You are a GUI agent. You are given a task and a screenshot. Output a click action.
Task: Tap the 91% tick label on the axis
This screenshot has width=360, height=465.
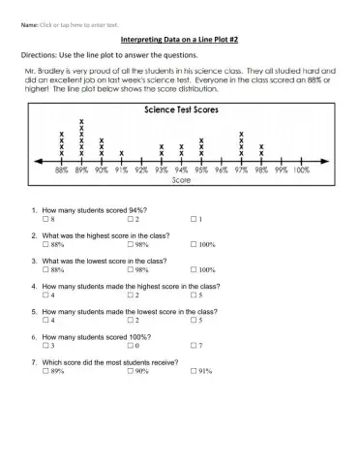click(x=121, y=170)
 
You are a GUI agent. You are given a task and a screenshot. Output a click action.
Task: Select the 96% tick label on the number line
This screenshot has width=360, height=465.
click(x=221, y=170)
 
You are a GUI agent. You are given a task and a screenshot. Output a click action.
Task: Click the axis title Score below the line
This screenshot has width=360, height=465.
click(x=181, y=180)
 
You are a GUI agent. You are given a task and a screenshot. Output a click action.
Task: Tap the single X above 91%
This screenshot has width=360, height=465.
click(x=121, y=153)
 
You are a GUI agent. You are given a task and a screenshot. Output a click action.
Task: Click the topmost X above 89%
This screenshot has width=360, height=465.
click(x=81, y=123)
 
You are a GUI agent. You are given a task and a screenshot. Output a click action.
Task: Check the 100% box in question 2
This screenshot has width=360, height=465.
click(x=193, y=245)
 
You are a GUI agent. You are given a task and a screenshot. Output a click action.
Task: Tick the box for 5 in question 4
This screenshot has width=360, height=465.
click(x=193, y=294)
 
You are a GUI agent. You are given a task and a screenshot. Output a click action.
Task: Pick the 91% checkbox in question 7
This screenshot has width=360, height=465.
click(x=193, y=371)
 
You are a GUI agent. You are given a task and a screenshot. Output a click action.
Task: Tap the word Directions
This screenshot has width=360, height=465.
click(x=40, y=56)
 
